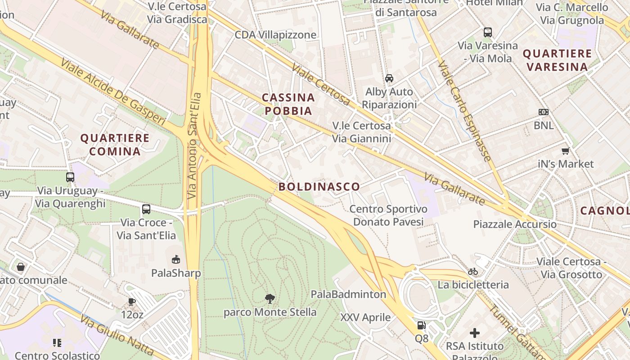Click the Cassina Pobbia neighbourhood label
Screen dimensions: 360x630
click(x=288, y=104)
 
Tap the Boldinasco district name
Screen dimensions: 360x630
click(x=319, y=187)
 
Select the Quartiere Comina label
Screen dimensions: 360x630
click(x=115, y=144)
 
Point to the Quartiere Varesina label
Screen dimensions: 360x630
click(x=557, y=60)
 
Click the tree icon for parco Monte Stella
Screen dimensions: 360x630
click(x=270, y=298)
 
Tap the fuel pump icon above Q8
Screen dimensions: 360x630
click(x=421, y=325)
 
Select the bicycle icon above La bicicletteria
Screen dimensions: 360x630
click(x=473, y=271)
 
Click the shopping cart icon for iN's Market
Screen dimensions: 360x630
click(x=565, y=151)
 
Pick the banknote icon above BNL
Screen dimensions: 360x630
click(x=544, y=112)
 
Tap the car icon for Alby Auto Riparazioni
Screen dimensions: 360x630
click(x=389, y=78)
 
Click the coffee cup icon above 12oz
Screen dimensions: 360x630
click(x=132, y=301)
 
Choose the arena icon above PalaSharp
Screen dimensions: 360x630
click(x=176, y=260)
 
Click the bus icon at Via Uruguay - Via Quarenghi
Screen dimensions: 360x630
click(x=70, y=177)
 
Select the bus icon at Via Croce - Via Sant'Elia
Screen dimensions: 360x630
click(x=146, y=209)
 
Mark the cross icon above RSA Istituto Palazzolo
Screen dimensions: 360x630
click(x=475, y=333)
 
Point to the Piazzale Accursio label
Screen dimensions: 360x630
click(x=515, y=224)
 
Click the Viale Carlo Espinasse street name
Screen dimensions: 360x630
click(x=465, y=111)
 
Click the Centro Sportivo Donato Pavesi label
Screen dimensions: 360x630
click(x=388, y=216)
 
